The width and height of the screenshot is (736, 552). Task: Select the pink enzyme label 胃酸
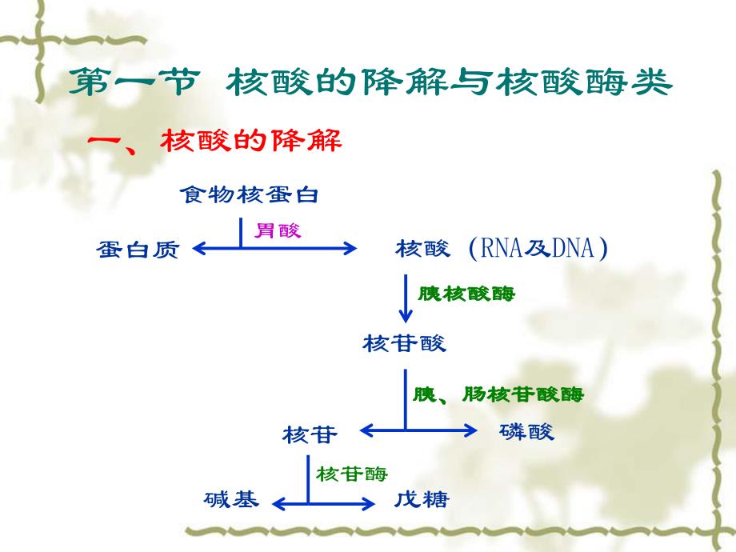[278, 230]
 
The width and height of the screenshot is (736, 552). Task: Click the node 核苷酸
[404, 344]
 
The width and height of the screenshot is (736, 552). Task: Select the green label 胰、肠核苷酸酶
[498, 394]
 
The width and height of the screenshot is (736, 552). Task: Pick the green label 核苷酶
[351, 474]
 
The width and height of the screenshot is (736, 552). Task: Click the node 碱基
[231, 501]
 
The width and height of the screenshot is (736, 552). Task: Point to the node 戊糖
[422, 501]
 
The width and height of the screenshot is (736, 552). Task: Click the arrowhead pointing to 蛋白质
[199, 249]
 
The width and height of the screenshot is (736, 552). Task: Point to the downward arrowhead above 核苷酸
[405, 318]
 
